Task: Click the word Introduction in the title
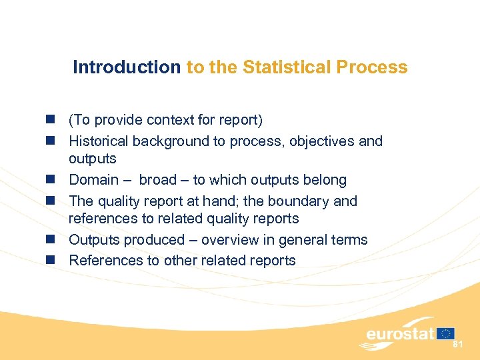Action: (x=126, y=67)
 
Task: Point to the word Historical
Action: (x=99, y=141)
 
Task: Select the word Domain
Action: (x=93, y=180)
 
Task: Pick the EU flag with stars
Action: (x=446, y=333)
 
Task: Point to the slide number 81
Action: (x=458, y=345)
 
